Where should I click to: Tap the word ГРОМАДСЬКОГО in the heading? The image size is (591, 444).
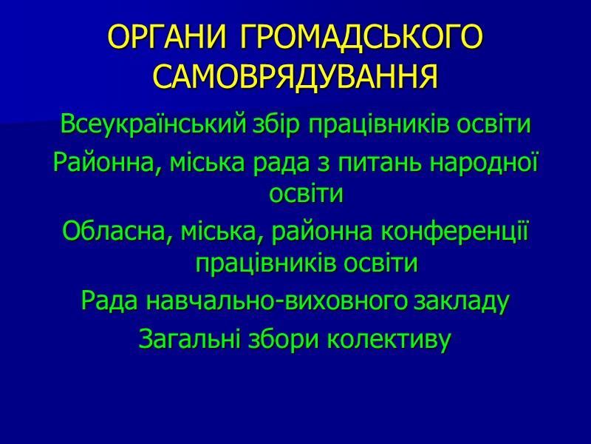point(361,38)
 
